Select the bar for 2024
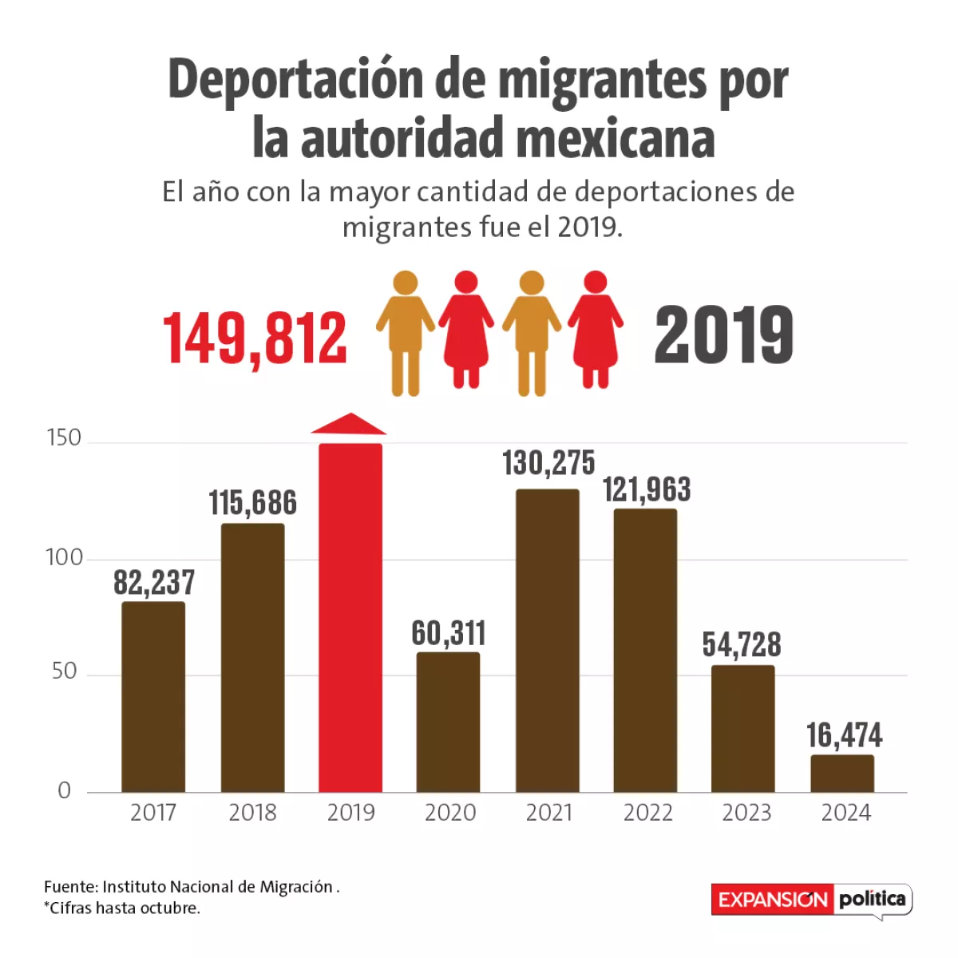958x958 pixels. tap(842, 773)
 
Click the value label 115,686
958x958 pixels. tap(252, 503)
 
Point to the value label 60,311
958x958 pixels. tap(449, 633)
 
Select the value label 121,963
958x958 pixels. tap(647, 489)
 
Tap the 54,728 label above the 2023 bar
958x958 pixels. tap(742, 645)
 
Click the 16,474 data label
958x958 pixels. tap(844, 735)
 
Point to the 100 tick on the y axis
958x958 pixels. tap(64, 557)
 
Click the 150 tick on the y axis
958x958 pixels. tap(64, 437)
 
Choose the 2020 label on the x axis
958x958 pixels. tap(449, 813)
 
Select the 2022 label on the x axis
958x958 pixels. tap(647, 813)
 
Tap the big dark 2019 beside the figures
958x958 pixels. tap(723, 335)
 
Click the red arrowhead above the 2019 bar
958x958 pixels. tap(350, 424)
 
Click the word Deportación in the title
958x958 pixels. tap(295, 80)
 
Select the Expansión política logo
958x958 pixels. tap(810, 900)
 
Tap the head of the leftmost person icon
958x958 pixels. tap(406, 283)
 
